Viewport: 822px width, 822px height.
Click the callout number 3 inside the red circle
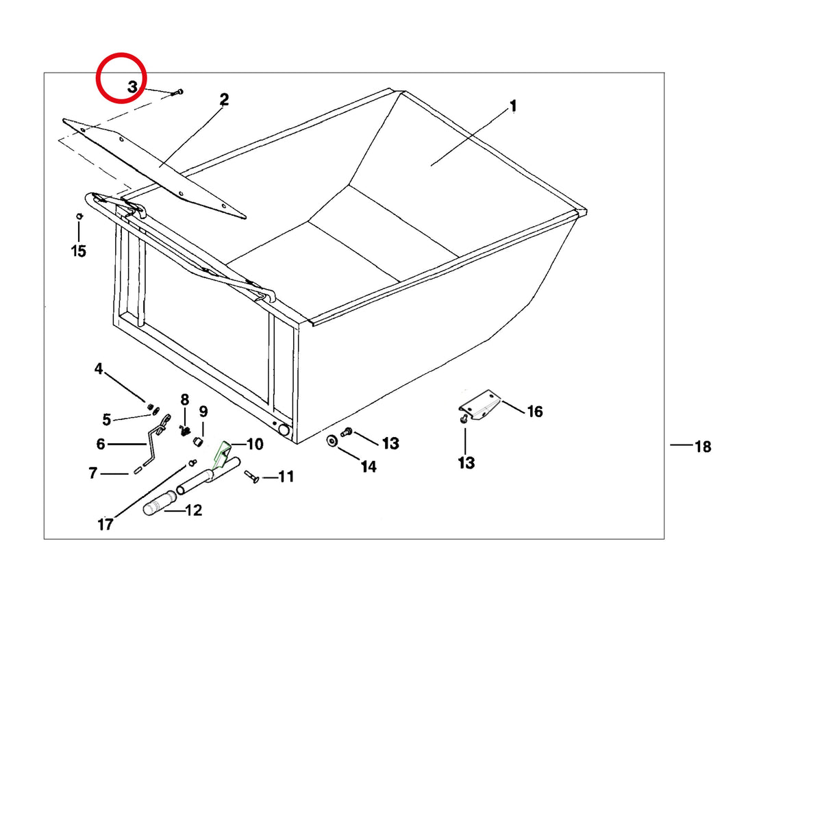133,87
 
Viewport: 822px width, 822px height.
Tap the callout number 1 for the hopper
513,105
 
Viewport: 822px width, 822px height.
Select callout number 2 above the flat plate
224,100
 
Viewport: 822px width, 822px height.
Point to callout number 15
79,251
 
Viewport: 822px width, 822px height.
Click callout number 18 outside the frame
703,447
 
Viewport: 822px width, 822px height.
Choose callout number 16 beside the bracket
535,412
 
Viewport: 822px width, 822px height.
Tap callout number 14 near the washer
369,466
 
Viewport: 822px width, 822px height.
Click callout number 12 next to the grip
194,510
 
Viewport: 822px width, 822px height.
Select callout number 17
105,525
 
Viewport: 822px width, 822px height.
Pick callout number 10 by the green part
255,445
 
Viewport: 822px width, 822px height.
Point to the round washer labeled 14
332,440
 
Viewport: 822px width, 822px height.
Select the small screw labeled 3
177,92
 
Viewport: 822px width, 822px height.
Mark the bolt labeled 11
251,477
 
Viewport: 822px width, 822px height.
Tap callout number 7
93,473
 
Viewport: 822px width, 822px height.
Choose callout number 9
203,412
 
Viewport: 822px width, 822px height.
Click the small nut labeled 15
79,216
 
